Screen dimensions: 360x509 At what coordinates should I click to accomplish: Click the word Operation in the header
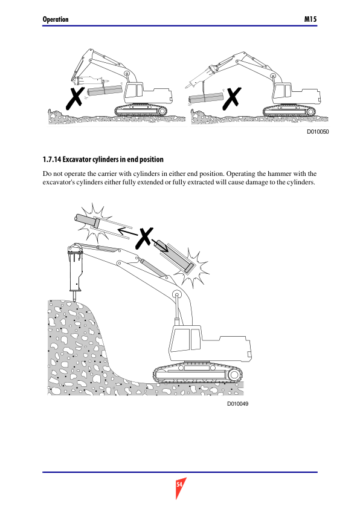coord(56,19)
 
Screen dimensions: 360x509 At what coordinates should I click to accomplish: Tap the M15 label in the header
coord(310,19)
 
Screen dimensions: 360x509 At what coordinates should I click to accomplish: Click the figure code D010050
coord(318,131)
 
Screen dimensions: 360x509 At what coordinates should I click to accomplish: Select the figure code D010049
coord(238,403)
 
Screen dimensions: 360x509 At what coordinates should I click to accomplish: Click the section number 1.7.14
coord(52,160)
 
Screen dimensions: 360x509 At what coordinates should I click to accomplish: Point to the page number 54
coord(179,485)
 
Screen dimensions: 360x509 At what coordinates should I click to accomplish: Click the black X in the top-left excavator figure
coord(76,99)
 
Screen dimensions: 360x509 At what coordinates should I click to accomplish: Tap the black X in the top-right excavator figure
coord(232,98)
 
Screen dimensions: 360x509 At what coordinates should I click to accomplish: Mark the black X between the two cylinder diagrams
coord(144,238)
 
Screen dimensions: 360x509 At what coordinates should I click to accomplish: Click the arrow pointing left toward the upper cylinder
coord(127,232)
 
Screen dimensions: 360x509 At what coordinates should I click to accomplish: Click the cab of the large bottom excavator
coord(185,343)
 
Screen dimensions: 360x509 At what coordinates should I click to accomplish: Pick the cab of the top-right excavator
coord(283,93)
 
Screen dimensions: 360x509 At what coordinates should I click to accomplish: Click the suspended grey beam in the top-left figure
coord(104,91)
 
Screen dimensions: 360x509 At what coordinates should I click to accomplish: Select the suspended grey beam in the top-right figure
coord(206,98)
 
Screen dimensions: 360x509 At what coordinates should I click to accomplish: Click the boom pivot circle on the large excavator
coord(177,294)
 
